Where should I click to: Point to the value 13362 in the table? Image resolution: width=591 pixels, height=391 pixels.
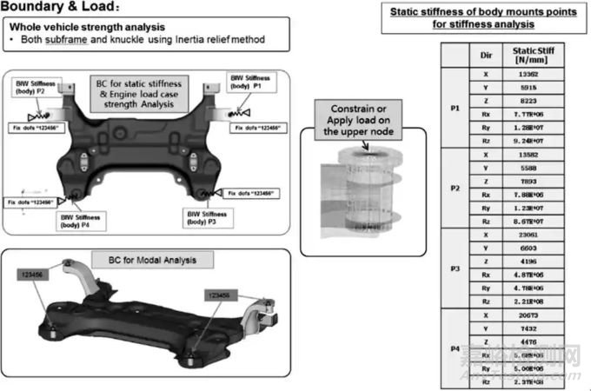pyautogui.click(x=524, y=75)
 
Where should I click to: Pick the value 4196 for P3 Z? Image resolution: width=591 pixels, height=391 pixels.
pyautogui.click(x=524, y=261)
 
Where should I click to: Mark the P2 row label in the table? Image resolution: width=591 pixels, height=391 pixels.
pyautogui.click(x=455, y=188)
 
